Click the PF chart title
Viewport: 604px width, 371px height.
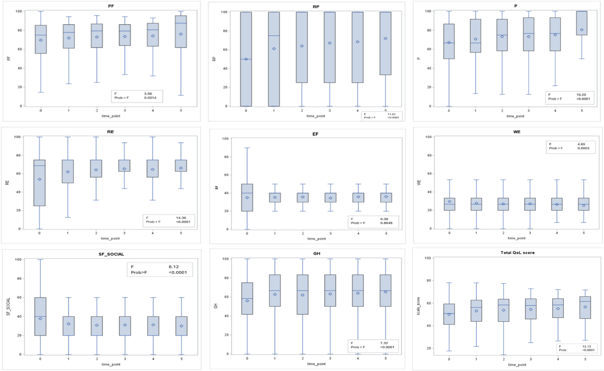(x=111, y=6)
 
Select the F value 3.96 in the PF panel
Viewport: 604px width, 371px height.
(x=148, y=94)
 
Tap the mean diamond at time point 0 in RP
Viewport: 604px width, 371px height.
(x=246, y=59)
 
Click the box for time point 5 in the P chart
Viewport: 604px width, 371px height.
(x=582, y=23)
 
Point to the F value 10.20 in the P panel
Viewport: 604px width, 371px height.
(x=581, y=95)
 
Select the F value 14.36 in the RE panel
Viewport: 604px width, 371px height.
(x=181, y=218)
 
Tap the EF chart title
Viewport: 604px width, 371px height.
(x=315, y=134)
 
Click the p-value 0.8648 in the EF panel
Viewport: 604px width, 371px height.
(x=386, y=223)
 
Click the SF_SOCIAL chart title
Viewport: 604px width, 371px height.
(x=111, y=254)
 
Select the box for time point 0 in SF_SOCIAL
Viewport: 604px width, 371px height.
(x=40, y=316)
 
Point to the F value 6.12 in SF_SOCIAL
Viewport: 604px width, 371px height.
(x=174, y=267)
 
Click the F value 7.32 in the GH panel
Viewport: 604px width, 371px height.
(x=384, y=343)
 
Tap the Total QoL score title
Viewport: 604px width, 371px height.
(x=517, y=253)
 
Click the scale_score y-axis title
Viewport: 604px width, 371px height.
(x=419, y=306)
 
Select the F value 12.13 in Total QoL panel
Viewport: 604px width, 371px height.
(x=586, y=346)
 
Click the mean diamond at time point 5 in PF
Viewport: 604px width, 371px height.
(x=181, y=34)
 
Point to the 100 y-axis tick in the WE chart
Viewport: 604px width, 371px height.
(x=428, y=137)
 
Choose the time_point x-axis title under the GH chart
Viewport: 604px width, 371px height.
(x=316, y=364)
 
